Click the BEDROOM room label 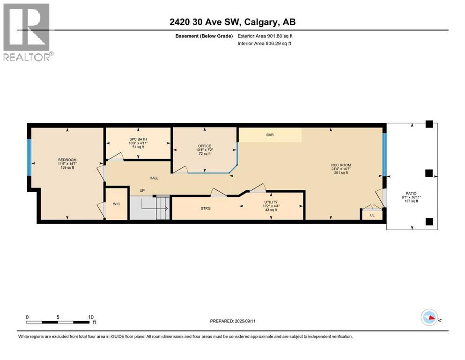(67, 160)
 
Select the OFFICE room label (204, 146)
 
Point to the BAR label (270, 135)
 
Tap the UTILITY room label (270, 202)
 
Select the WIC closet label (116, 204)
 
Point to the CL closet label (372, 215)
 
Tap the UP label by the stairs (143, 190)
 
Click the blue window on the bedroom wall (29, 157)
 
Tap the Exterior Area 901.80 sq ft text (265, 36)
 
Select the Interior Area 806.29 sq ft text (265, 44)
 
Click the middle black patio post (428, 173)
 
